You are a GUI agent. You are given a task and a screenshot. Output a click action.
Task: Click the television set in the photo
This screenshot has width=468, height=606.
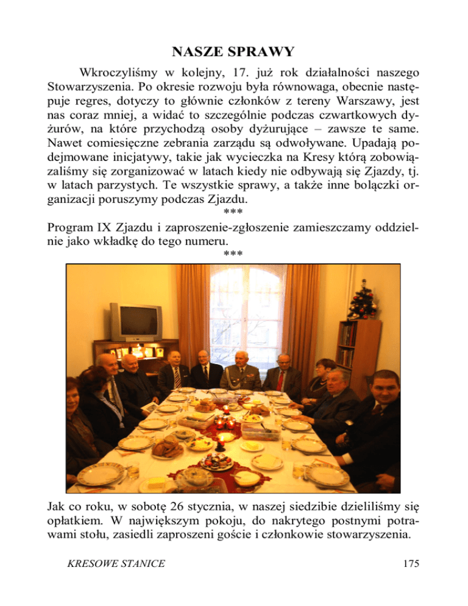click(x=135, y=321)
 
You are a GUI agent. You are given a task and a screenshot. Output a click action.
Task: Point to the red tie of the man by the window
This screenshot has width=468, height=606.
click(x=281, y=381)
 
